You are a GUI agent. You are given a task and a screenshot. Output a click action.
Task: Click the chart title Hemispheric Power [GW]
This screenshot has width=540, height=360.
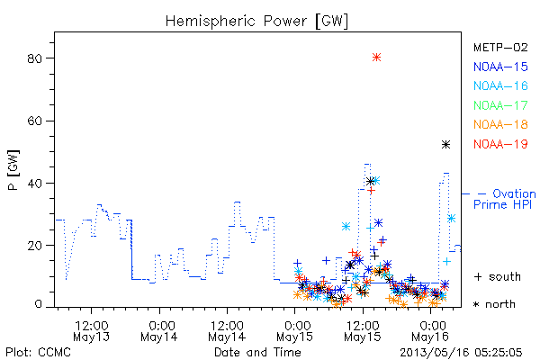pos(256,22)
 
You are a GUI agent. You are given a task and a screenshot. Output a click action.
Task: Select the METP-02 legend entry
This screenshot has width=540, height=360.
pos(500,48)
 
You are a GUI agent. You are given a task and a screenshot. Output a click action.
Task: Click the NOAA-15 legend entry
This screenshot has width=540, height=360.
pos(500,67)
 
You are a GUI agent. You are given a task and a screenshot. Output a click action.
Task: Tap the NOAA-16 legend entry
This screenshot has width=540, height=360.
pos(500,85)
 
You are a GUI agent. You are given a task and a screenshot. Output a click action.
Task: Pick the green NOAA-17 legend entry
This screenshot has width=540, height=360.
pos(500,105)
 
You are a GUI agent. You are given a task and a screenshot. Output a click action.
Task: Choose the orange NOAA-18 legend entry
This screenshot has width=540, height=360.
pos(500,124)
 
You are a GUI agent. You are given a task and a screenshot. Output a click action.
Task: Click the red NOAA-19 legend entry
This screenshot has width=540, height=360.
pos(500,144)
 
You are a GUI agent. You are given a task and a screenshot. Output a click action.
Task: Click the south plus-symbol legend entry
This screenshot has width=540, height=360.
pos(498,276)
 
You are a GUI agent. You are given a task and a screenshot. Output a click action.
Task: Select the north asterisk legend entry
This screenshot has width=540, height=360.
pos(494,304)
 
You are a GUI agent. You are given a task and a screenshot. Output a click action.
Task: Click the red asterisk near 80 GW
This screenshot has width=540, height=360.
pos(376,58)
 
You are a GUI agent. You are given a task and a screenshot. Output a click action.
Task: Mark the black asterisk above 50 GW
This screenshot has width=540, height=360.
pos(446,145)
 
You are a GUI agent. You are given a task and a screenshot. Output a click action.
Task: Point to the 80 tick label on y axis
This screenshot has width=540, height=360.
pos(34,58)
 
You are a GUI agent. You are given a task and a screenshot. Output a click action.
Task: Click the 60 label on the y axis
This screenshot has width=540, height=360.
pos(34,121)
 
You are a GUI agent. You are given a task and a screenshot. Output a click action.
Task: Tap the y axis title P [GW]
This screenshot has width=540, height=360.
pos(13,170)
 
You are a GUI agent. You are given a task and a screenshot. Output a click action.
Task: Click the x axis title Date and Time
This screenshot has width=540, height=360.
pos(257,353)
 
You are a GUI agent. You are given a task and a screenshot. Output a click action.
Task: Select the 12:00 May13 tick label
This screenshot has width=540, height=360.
pos(91,331)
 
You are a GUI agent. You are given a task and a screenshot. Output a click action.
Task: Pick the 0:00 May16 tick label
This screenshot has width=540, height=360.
pos(430,331)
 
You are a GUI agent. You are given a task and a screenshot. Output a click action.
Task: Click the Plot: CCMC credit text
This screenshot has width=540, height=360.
pos(38,353)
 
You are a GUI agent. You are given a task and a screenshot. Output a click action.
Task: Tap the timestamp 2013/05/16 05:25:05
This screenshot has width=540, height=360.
pos(461,353)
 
